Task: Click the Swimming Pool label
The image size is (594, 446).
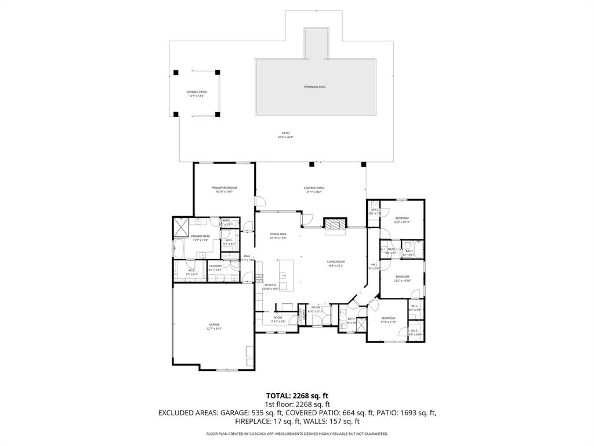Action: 315,87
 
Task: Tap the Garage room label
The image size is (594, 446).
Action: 214,326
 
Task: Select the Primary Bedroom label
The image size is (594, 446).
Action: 223,190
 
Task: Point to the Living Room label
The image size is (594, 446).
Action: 335,264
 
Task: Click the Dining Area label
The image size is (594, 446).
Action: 278,236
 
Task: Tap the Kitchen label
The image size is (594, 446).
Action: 271,287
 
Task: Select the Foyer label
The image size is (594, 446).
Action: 316,309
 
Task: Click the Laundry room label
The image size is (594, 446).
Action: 215,268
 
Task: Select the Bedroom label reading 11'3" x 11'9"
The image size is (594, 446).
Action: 388,320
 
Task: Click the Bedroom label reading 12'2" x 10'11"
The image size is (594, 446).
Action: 402,220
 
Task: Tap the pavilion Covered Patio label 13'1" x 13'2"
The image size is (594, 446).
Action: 197,94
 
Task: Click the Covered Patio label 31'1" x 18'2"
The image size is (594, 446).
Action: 314,190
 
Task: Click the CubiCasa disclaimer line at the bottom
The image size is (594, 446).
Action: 297,434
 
